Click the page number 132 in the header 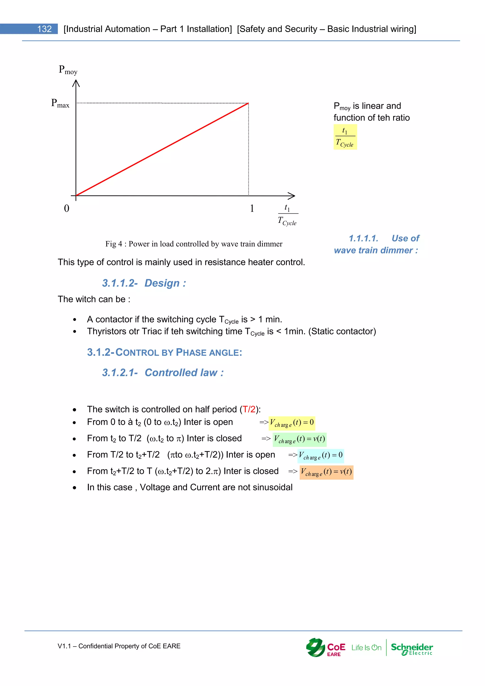[x=44, y=29]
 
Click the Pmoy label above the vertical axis [x=68, y=70]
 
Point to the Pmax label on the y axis [x=60, y=103]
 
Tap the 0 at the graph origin [x=67, y=208]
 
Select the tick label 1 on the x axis [x=252, y=208]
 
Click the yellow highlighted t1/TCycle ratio [x=345, y=137]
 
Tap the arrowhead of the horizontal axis [x=292, y=196]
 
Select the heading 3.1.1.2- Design [x=144, y=283]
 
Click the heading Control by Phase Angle [x=164, y=352]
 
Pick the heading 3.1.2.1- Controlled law [x=163, y=373]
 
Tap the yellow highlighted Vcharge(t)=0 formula [x=292, y=423]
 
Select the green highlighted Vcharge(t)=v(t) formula [x=299, y=439]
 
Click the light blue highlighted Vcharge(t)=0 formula [x=321, y=456]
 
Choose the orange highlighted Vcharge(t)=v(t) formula [x=326, y=472]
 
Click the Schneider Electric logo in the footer [x=412, y=649]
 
